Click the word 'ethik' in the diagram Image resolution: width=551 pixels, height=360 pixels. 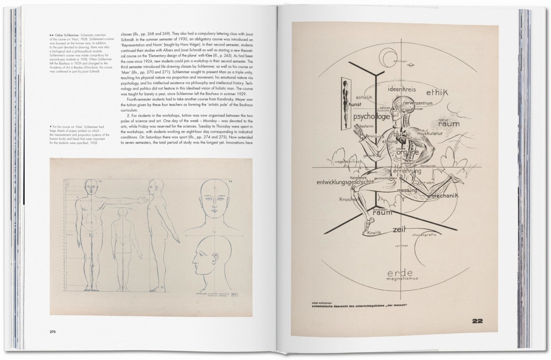click(x=437, y=92)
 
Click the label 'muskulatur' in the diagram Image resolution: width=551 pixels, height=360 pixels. click(x=430, y=134)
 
